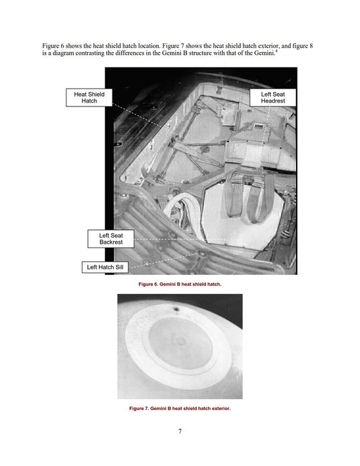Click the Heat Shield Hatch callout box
coord(89,97)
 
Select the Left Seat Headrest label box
coord(273,97)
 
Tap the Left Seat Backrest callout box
coord(110,238)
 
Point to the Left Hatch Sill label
coord(105,267)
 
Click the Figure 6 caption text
coord(180,284)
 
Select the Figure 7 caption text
coord(180,408)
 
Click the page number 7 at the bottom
coord(180,431)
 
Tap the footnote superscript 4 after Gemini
coord(277,51)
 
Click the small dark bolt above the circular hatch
coord(176,310)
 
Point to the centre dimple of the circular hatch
coord(180,341)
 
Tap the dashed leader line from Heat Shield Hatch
coord(137,116)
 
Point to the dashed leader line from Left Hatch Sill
coord(163,261)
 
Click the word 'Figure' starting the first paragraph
coord(51,46)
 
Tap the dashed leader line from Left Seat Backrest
coord(180,239)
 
